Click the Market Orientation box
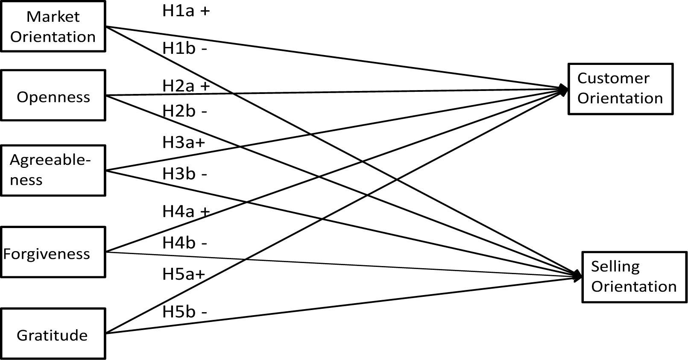click(x=53, y=26)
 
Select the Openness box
click(x=53, y=96)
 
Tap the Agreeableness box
click(x=53, y=170)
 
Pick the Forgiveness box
click(x=53, y=252)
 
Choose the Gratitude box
click(x=53, y=334)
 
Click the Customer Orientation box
click(x=620, y=89)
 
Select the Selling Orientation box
click(x=634, y=277)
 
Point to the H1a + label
click(x=186, y=11)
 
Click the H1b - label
click(x=184, y=49)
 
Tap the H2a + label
click(x=186, y=86)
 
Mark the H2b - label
click(x=184, y=111)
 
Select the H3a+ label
click(x=184, y=142)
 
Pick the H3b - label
click(x=184, y=174)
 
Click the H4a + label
click(x=186, y=211)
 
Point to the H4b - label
click(x=184, y=243)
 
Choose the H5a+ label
click(x=184, y=274)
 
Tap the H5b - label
click(x=184, y=312)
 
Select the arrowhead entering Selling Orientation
click(x=577, y=276)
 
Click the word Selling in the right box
click(x=615, y=266)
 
